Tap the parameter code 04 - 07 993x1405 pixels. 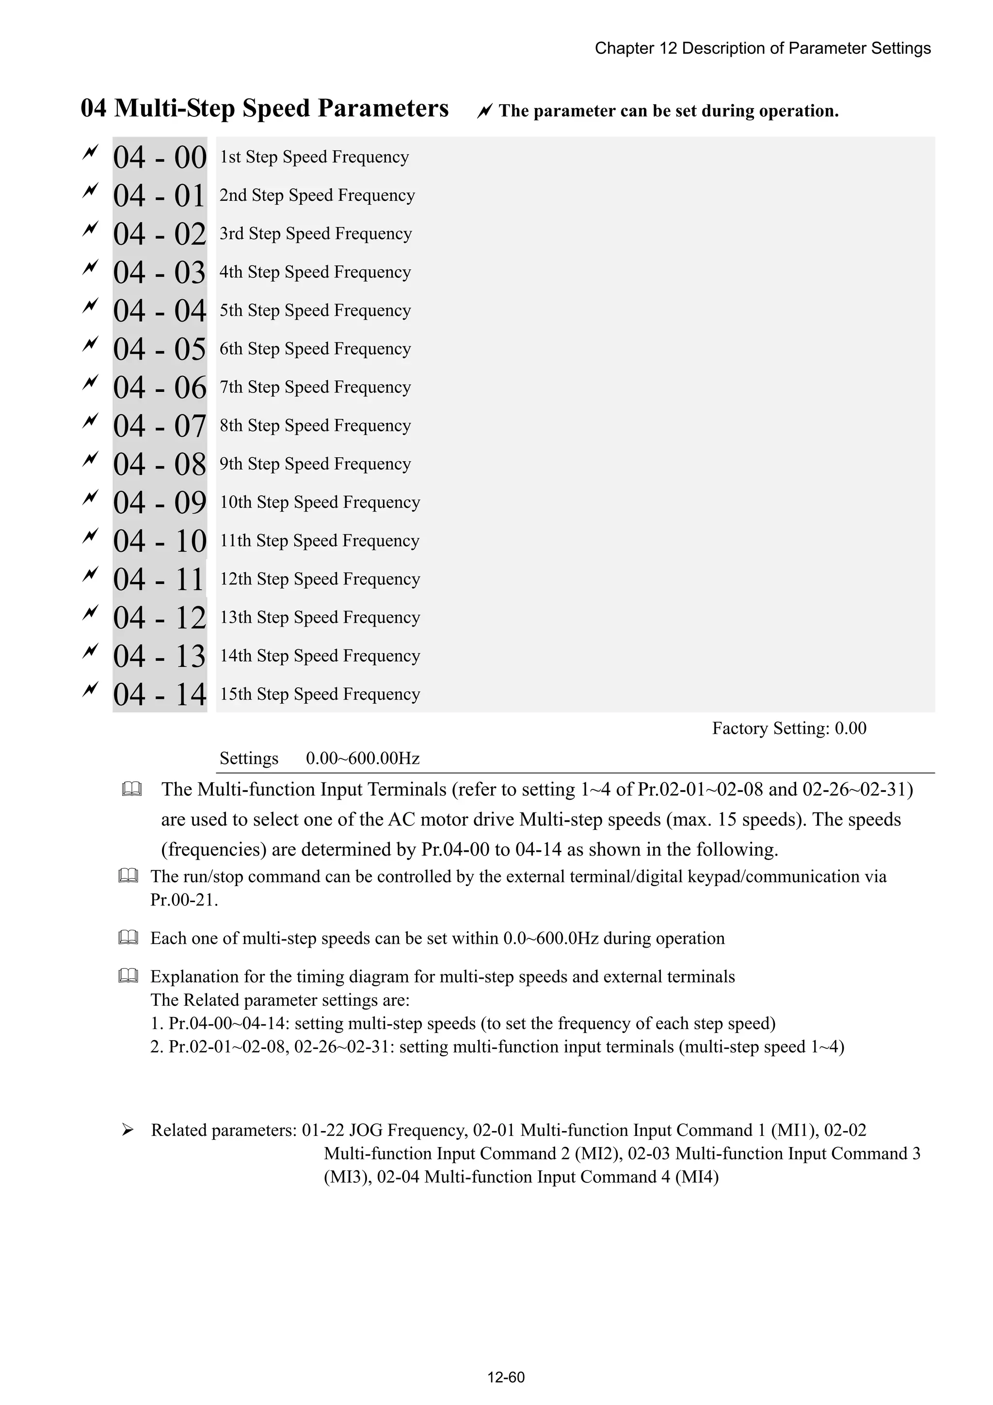pos(160,426)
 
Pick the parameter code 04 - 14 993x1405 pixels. pos(160,694)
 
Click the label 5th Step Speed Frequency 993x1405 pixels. pos(315,310)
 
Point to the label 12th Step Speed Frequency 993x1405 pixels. pos(320,579)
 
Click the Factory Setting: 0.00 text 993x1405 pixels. pos(789,728)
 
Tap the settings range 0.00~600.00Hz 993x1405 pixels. pos(362,759)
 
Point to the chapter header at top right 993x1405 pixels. pos(762,48)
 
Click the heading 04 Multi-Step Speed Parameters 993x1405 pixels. pos(264,108)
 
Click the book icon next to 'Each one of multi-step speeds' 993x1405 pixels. pos(128,937)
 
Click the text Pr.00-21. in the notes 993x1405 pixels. pos(184,900)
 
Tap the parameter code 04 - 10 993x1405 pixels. pos(160,541)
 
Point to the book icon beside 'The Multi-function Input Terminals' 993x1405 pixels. pos(131,790)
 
